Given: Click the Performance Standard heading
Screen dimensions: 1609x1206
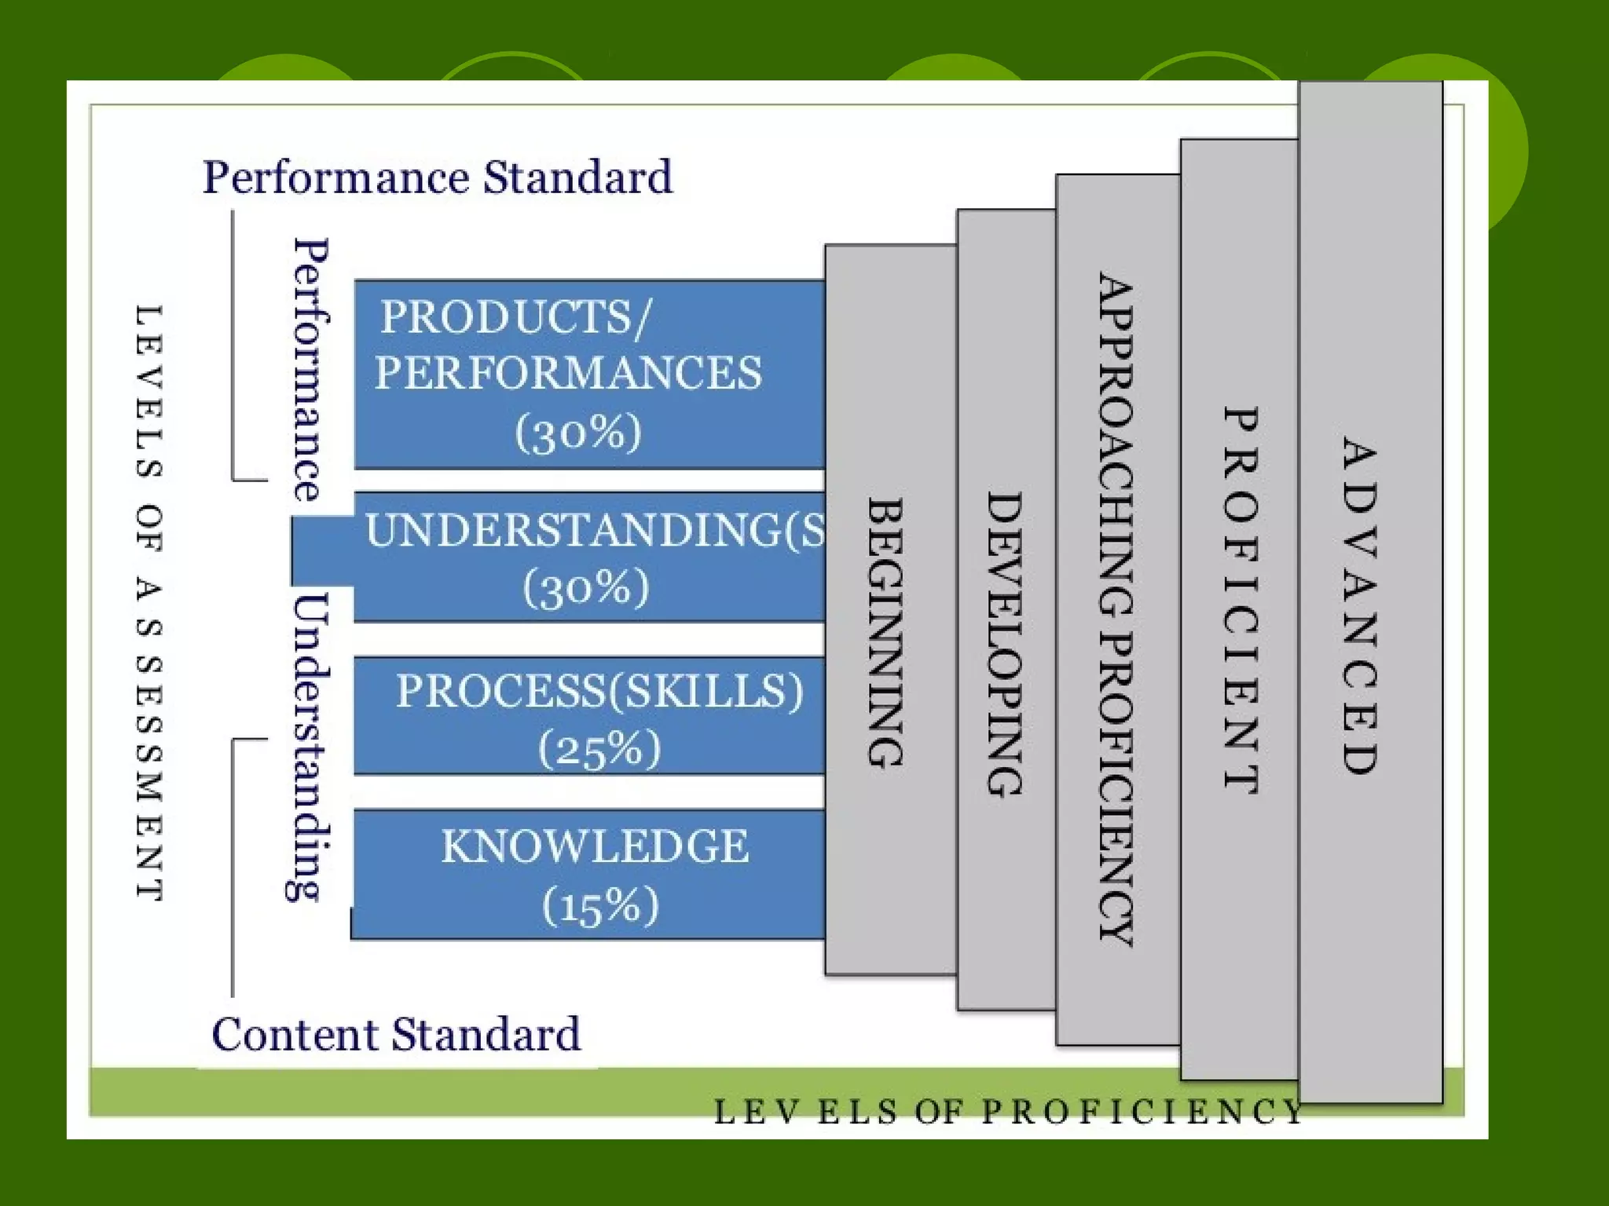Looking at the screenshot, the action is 438,177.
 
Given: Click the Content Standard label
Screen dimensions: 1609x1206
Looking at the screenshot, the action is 396,1034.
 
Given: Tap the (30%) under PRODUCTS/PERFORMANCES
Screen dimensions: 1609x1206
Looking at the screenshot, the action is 578,432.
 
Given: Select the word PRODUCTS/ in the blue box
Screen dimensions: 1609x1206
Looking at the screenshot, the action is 515,317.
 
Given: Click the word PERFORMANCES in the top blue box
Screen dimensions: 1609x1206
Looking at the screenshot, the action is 568,372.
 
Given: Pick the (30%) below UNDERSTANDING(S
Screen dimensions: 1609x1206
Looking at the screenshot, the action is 586,587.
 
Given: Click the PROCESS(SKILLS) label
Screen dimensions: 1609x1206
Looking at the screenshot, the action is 599,691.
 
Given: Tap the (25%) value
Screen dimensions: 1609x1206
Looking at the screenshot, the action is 599,748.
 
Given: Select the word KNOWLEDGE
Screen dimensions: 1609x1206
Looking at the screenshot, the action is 595,846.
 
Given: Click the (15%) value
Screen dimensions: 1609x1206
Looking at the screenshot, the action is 600,905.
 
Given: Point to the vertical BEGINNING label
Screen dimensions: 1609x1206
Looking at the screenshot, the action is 885,632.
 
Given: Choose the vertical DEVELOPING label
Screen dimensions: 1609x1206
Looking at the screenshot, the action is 1005,645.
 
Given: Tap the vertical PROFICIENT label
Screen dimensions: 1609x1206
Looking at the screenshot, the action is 1241,601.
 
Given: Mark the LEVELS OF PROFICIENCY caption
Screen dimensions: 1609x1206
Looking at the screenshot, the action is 1008,1112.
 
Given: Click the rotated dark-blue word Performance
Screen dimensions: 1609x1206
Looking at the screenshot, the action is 311,369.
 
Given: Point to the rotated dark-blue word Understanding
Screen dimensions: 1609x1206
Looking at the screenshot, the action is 308,747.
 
